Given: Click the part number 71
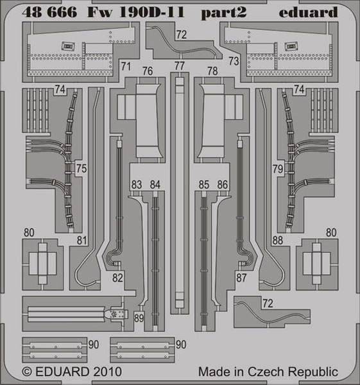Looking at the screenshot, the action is [126, 66].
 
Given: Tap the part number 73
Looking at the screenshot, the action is [234, 61].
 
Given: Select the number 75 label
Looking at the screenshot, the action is [81, 168].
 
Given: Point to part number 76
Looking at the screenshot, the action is [148, 71].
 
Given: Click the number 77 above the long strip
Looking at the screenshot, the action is [180, 66].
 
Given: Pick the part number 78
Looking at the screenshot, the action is [212, 71].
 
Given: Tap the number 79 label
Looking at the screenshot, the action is [278, 169].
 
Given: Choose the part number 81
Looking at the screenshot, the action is [81, 241].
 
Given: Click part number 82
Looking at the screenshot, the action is [117, 278].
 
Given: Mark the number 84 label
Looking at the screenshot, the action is [155, 185].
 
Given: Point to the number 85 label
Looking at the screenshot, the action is [204, 185].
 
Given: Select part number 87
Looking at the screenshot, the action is [241, 278].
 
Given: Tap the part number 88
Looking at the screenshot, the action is [277, 241].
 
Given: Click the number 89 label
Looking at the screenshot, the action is [139, 318].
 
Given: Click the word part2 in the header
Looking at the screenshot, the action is [224, 13].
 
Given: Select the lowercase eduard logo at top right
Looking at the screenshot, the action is [309, 12].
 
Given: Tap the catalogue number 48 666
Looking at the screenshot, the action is [49, 12].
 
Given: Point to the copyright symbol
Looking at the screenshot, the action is [27, 372].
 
